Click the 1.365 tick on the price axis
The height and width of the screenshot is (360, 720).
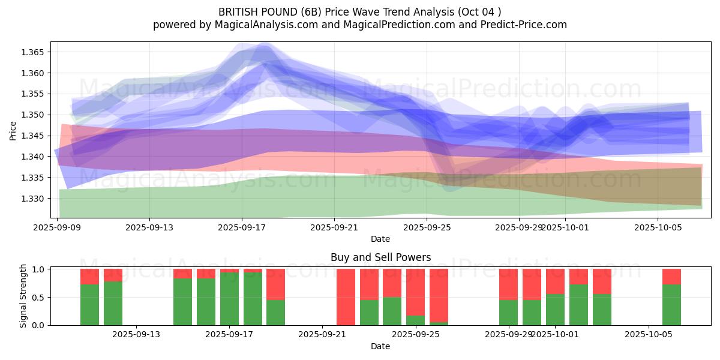(34, 52)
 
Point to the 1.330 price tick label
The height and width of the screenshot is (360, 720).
(34, 199)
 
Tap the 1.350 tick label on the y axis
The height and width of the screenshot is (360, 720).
(34, 115)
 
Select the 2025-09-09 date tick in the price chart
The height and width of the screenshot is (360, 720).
(58, 227)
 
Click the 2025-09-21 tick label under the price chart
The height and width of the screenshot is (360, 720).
(335, 227)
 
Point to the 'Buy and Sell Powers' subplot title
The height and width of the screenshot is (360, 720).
(380, 257)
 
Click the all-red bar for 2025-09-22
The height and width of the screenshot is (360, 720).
(346, 297)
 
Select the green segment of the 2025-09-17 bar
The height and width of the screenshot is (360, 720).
(229, 299)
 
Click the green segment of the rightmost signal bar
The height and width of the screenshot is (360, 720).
(671, 305)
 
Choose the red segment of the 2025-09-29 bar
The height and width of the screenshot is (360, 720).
(508, 284)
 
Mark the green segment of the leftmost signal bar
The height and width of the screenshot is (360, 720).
(89, 305)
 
